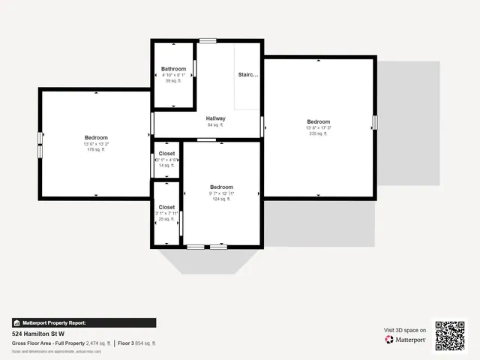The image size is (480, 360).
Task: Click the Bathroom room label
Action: (173, 69)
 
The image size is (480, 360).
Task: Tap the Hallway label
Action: (216, 118)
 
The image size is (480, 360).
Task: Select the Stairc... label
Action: (248, 75)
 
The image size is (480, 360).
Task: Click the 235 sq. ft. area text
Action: (318, 133)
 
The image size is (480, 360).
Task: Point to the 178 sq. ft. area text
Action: (96, 150)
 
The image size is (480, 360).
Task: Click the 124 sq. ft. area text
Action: (221, 199)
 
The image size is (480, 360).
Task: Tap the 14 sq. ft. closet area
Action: (166, 165)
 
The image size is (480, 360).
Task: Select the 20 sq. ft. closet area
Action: (166, 220)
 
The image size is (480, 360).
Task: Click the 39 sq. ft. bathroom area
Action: (173, 81)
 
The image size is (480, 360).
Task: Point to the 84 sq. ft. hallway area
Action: (216, 125)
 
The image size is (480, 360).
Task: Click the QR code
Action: (450, 335)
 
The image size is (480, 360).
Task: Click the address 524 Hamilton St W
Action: (38, 333)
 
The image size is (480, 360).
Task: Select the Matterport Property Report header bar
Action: (84, 322)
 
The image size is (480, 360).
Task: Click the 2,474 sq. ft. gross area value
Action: (97, 343)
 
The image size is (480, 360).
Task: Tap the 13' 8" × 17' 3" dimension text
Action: (318, 127)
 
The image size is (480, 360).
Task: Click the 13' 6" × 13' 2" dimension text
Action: (96, 144)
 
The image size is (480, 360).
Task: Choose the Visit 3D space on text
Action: (405, 330)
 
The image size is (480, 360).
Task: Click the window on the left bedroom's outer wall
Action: (40, 144)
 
